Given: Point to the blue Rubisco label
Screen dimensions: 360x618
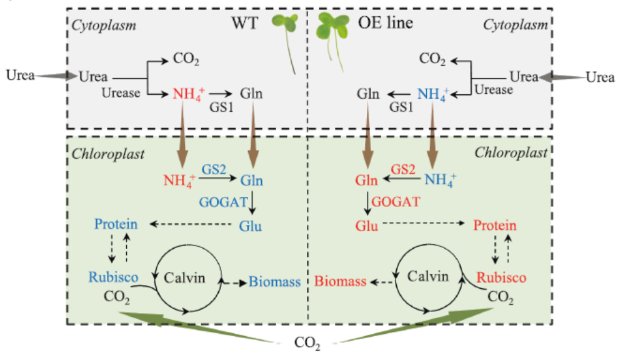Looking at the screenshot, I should point(113,277).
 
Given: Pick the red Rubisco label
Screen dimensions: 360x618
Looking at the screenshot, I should point(501,277).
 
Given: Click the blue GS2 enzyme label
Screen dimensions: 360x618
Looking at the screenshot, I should point(212,169).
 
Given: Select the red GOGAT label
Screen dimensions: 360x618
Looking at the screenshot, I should point(397,201).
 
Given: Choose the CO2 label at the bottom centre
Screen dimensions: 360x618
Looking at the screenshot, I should point(307,343).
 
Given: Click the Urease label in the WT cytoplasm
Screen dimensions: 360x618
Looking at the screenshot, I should point(121,92).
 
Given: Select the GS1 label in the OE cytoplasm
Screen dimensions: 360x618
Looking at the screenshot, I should point(402,107).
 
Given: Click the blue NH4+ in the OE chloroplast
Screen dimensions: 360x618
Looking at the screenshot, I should point(441,181).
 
